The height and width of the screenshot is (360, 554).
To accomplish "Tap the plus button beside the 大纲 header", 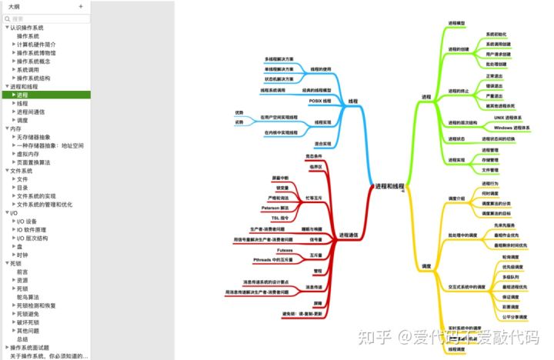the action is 81,6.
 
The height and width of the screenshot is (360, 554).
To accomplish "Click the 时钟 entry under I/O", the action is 22,255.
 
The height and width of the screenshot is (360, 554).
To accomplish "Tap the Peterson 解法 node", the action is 275,208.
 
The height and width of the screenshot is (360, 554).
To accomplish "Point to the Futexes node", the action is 285,250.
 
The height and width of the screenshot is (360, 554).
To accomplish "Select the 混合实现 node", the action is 322,144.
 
